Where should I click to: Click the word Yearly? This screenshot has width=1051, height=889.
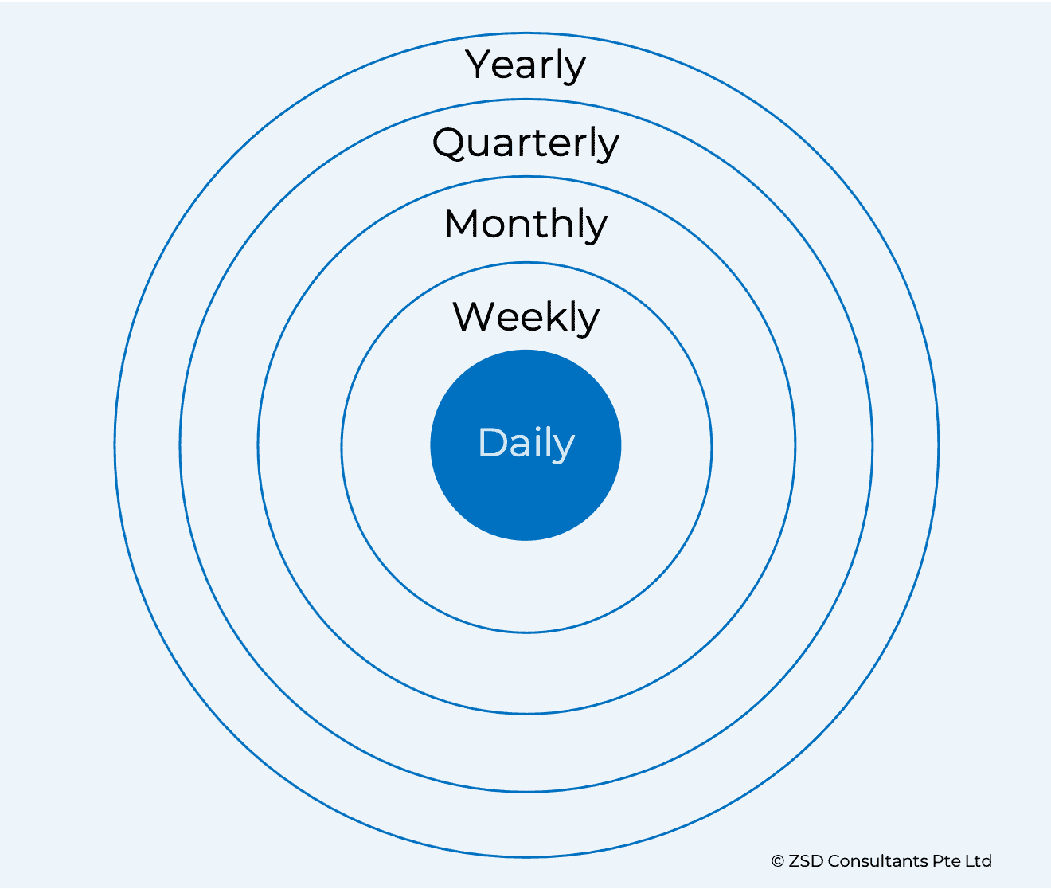click(x=525, y=65)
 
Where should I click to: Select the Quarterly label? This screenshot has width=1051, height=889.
click(x=525, y=144)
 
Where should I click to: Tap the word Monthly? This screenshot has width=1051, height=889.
click(x=525, y=225)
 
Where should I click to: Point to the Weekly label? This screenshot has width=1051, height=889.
click(x=526, y=317)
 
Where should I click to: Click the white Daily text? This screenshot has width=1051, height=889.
click(x=526, y=444)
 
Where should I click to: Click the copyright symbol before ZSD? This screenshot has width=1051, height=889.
click(x=777, y=861)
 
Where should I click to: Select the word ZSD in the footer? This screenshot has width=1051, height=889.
click(x=806, y=860)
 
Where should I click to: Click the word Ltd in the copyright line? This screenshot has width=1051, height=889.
click(x=979, y=860)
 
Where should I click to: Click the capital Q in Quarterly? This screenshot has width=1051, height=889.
click(x=450, y=144)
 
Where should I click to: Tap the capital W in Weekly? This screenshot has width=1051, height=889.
click(x=476, y=317)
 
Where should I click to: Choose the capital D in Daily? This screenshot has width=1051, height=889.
click(x=492, y=442)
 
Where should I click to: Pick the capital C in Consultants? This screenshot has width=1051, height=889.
click(x=834, y=860)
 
